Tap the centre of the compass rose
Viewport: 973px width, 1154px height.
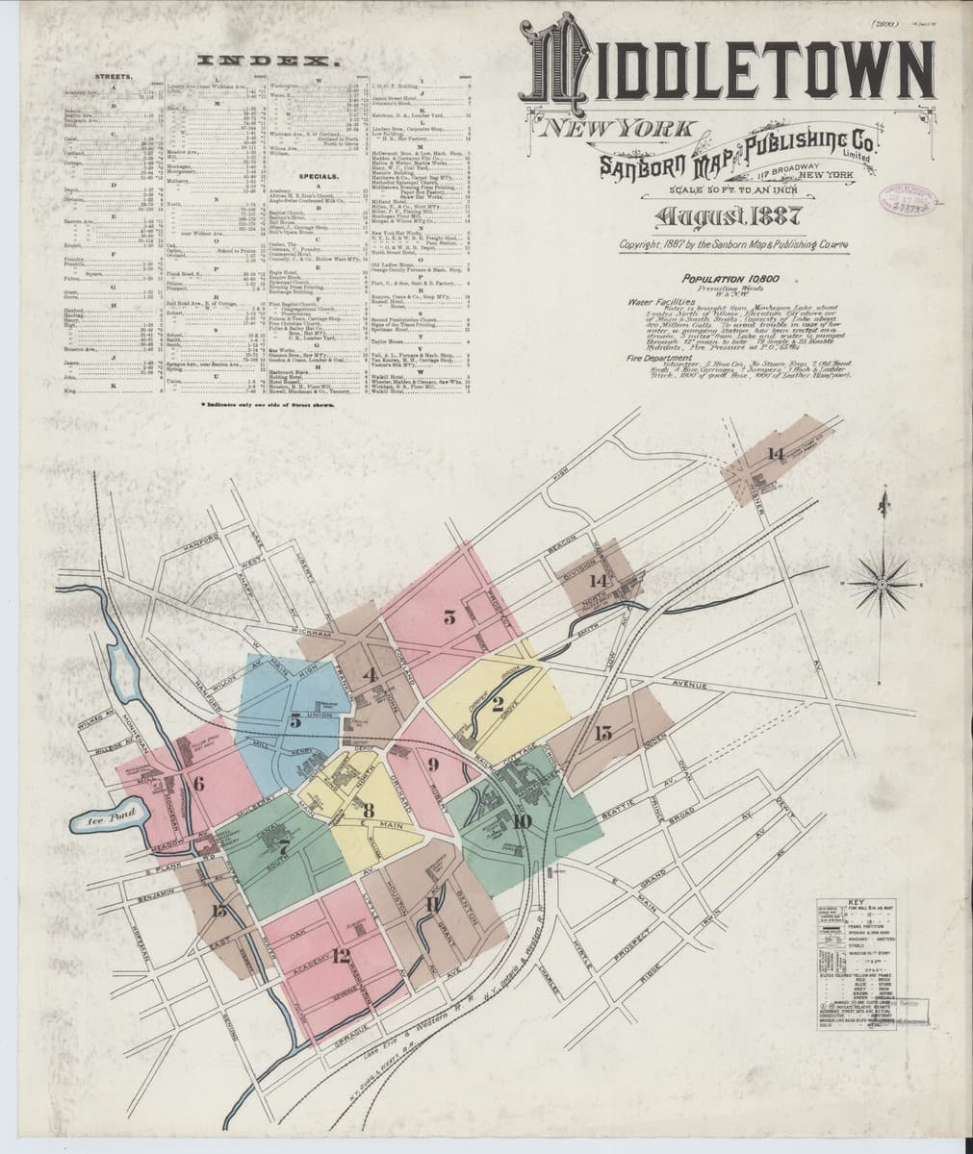click(882, 582)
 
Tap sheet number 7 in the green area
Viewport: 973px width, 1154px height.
click(284, 847)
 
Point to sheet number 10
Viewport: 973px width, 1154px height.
click(521, 820)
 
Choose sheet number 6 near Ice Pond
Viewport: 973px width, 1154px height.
click(198, 783)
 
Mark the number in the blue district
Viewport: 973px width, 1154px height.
click(295, 719)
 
